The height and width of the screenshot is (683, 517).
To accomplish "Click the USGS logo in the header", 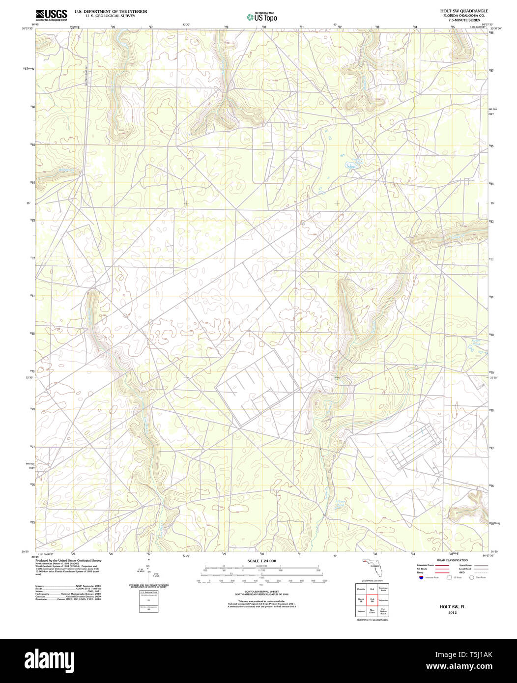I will [x=51, y=15].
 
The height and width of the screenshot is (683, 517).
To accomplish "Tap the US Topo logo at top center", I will [x=262, y=17].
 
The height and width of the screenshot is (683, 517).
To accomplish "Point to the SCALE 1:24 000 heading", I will [x=261, y=561].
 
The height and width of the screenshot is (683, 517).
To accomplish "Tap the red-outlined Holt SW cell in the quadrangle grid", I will [x=372, y=600].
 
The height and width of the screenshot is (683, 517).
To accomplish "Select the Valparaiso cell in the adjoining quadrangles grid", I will [x=384, y=600].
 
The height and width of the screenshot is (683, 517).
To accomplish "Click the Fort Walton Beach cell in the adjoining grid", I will [x=384, y=612].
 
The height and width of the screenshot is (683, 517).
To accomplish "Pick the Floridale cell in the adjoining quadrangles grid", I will [x=361, y=588].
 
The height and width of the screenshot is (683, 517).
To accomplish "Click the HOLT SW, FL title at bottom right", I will [x=452, y=607].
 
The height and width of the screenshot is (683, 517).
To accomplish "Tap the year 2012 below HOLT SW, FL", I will [x=452, y=613].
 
